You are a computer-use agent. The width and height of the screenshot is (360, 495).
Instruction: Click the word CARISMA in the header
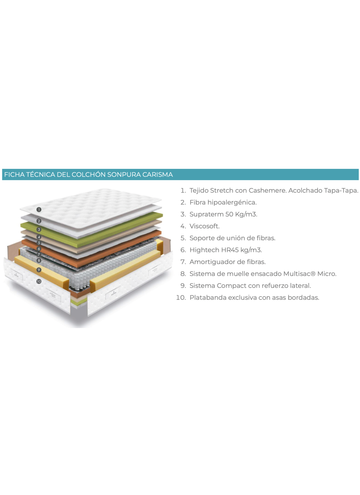point(158,175)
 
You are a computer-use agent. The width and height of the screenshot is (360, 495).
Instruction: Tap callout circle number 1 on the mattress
point(39,209)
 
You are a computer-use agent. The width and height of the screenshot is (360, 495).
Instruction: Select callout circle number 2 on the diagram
point(39,221)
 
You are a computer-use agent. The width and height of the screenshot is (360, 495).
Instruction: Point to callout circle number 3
point(39,230)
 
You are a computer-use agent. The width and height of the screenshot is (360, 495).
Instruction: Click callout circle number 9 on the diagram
point(39,270)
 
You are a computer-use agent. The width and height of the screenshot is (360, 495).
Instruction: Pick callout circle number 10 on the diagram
point(39,281)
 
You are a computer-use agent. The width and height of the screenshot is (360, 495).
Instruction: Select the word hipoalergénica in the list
point(232,202)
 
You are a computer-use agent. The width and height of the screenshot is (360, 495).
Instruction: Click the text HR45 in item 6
point(230,250)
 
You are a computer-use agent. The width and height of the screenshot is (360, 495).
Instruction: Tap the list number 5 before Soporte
point(183,238)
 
